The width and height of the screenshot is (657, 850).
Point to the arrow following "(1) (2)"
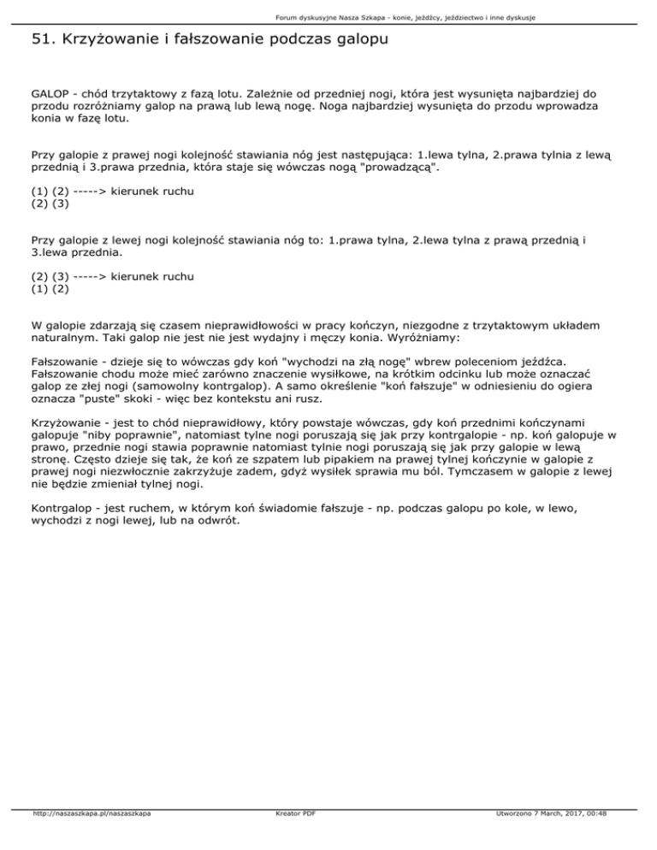coord(83,192)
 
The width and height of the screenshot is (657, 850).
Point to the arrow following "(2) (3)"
coord(83,276)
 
